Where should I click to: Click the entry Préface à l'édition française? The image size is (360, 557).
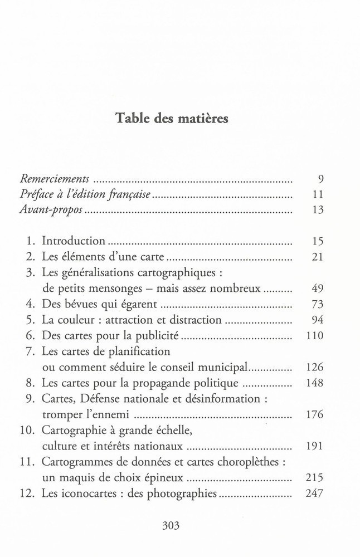click(86, 196)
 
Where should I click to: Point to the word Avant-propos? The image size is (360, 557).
click(51, 211)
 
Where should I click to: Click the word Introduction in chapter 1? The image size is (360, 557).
click(74, 241)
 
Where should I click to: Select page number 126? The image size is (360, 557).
click(316, 368)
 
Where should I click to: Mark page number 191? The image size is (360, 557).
click(316, 447)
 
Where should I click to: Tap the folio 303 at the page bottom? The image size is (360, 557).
click(172, 525)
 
